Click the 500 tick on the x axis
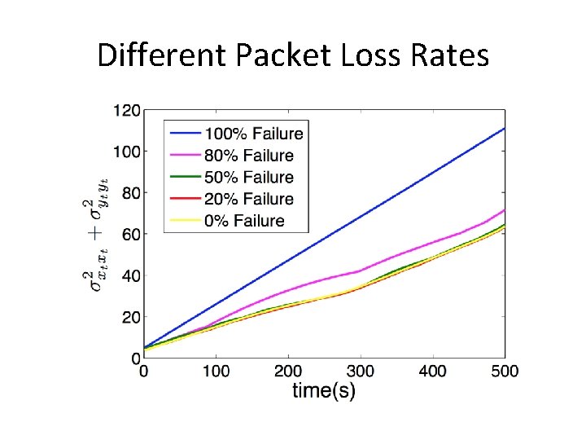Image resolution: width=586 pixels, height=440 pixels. pyautogui.click(x=505, y=372)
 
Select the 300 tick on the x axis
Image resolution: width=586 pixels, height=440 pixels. pyautogui.click(x=361, y=372)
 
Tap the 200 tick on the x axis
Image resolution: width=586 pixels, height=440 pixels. pyautogui.click(x=288, y=372)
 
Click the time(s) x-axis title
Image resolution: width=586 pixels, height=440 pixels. pyautogui.click(x=324, y=391)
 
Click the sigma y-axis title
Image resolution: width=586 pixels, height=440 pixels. pyautogui.click(x=95, y=234)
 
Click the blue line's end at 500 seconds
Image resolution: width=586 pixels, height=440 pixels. pyautogui.click(x=505, y=129)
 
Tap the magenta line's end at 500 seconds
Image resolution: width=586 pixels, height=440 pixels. pyautogui.click(x=505, y=210)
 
